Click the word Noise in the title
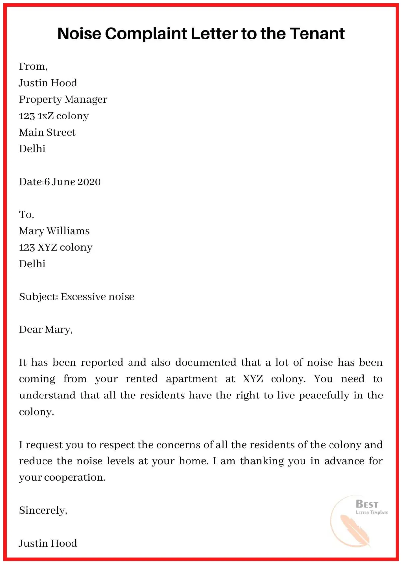tap(79, 34)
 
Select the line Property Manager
tap(63, 99)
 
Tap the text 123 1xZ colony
tap(54, 116)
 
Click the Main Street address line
tap(47, 132)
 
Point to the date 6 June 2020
tap(72, 182)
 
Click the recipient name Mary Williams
tap(54, 231)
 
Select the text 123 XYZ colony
tap(56, 247)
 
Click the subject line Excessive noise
tap(98, 297)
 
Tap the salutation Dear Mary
tap(46, 330)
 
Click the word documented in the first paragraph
tap(206, 362)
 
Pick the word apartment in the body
tap(191, 379)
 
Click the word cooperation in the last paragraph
tap(75, 477)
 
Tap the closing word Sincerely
tap(43, 510)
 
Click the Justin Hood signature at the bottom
tap(48, 543)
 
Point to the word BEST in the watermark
tap(367, 504)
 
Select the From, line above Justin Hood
tap(33, 66)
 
